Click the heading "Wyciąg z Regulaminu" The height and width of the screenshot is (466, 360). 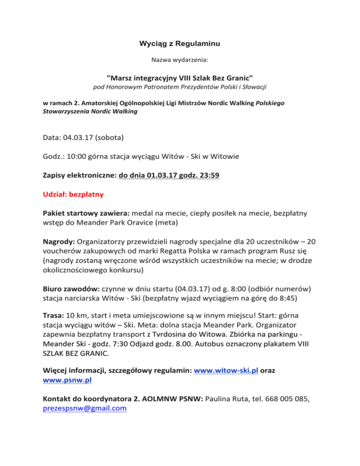180,44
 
